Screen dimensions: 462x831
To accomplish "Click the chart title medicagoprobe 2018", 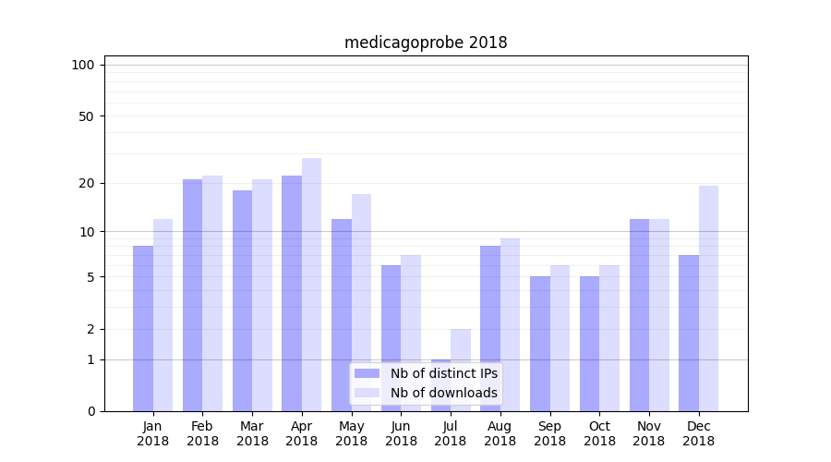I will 426,43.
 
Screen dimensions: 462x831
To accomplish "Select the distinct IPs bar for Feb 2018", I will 192,296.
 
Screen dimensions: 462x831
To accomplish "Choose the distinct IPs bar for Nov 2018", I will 639,315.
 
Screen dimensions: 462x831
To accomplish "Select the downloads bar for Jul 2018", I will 461,370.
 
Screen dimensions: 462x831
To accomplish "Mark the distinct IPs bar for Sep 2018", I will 540,344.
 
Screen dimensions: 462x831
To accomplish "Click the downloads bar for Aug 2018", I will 510,324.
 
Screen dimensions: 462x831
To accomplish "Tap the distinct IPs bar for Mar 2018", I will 242,300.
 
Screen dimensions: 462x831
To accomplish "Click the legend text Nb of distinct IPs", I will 443,373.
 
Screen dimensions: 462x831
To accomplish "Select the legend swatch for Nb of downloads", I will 367,393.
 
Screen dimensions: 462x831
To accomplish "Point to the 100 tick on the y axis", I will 83,65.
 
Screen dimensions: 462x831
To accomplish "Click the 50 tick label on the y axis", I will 87,116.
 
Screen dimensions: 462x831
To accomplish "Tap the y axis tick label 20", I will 87,183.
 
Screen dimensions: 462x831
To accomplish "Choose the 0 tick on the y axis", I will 90,411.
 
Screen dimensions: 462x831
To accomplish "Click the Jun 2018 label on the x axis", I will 401,433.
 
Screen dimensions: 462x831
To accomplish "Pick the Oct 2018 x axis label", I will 599,433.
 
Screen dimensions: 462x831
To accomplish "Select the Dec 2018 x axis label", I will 698,433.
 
